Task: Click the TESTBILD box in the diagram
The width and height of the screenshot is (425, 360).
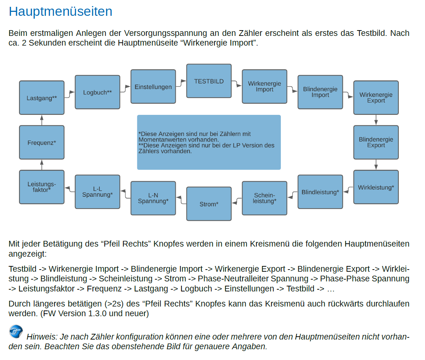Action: click(x=209, y=81)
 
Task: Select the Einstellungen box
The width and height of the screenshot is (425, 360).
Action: click(x=153, y=87)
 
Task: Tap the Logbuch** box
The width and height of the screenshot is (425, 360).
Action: click(x=97, y=92)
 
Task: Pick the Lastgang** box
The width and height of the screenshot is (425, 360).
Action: click(x=42, y=98)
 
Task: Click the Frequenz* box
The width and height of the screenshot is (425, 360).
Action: click(x=42, y=142)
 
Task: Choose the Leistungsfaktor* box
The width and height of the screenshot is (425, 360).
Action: click(x=42, y=187)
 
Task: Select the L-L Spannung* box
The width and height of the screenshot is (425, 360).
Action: click(x=97, y=192)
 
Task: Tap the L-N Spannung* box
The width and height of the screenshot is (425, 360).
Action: click(x=153, y=198)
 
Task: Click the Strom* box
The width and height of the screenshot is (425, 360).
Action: click(x=209, y=204)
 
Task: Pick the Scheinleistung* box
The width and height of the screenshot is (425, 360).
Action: click(x=265, y=198)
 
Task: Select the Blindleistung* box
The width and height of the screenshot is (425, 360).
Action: click(x=320, y=192)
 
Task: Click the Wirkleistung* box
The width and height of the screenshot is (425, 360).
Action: click(x=376, y=187)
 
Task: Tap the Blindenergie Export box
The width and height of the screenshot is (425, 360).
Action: click(x=376, y=142)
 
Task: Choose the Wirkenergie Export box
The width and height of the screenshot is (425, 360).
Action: click(x=376, y=98)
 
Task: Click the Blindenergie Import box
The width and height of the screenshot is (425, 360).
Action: click(x=320, y=92)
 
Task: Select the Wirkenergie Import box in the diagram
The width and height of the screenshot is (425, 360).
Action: click(x=265, y=87)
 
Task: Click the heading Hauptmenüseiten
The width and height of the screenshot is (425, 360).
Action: click(x=60, y=11)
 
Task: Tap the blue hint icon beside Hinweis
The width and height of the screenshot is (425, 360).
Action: click(x=16, y=331)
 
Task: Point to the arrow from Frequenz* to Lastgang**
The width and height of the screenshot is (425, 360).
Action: click(x=42, y=120)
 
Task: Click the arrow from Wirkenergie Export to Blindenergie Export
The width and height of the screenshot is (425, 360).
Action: click(x=376, y=120)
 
